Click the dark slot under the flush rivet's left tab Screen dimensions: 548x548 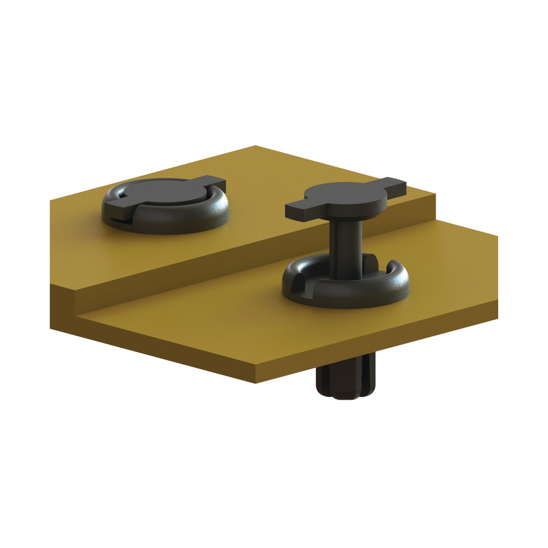click(x=120, y=219)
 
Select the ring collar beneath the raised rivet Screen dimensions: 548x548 click(x=344, y=291)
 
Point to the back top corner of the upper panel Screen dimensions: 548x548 click(x=256, y=146)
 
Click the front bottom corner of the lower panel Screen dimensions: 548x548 click(x=256, y=383)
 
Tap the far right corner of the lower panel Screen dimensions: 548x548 click(x=497, y=236)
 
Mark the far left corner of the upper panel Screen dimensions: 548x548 click(x=51, y=200)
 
